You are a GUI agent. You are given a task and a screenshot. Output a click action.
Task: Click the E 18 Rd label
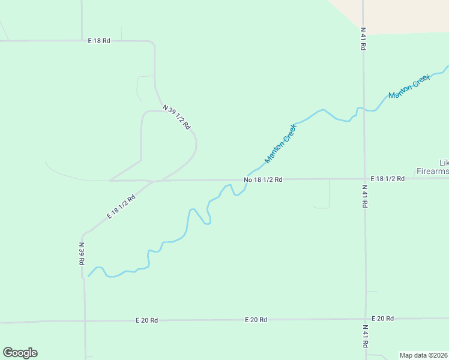[99, 41]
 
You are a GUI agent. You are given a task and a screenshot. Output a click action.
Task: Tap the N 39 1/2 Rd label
[176, 117]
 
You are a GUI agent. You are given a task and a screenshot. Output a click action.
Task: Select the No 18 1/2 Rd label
[263, 179]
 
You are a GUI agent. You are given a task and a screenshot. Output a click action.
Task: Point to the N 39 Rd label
[82, 253]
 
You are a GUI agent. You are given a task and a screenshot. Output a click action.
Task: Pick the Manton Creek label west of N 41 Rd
[281, 144]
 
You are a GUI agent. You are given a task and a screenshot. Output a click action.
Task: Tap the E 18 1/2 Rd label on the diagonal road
[121, 206]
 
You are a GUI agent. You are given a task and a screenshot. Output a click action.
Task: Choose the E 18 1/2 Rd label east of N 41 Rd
[387, 179]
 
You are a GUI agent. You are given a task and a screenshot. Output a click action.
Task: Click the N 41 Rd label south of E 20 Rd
[365, 336]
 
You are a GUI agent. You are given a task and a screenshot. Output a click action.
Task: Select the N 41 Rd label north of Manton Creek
[363, 38]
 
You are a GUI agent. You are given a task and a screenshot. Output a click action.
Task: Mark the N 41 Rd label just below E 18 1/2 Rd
[364, 196]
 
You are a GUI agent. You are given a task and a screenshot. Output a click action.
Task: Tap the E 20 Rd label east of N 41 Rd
[382, 318]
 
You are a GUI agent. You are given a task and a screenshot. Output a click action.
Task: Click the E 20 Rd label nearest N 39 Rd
[146, 320]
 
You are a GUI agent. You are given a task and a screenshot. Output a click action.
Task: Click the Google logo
[20, 353]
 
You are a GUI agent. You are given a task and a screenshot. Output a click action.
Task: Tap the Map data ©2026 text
[424, 355]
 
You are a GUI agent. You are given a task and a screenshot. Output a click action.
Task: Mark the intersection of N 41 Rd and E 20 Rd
[365, 319]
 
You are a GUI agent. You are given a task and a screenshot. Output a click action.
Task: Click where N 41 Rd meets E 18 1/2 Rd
[364, 178]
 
